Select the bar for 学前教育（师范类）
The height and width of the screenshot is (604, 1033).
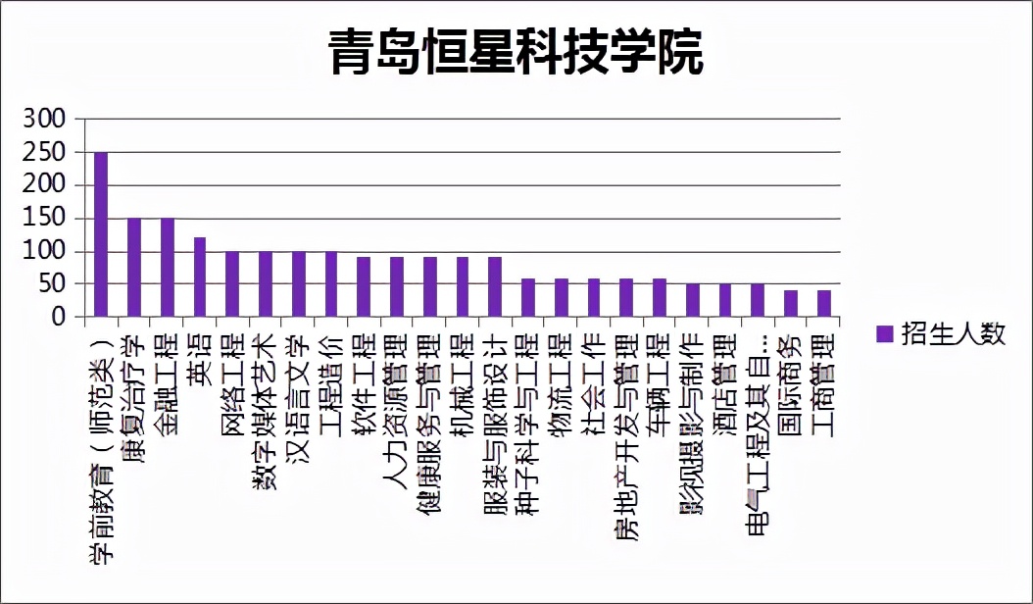pyautogui.click(x=101, y=234)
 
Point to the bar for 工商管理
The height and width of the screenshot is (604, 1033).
pyautogui.click(x=824, y=304)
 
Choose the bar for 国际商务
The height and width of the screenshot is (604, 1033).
pyautogui.click(x=791, y=304)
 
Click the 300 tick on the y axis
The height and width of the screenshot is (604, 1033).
pyautogui.click(x=45, y=120)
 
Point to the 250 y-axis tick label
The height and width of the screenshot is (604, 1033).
pyautogui.click(x=45, y=153)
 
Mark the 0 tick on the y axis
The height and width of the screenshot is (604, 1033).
pyautogui.click(x=59, y=318)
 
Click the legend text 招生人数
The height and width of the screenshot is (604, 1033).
pyautogui.click(x=954, y=333)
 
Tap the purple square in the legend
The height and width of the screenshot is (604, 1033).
pyautogui.click(x=884, y=334)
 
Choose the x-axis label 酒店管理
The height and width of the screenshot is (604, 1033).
pyautogui.click(x=726, y=378)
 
